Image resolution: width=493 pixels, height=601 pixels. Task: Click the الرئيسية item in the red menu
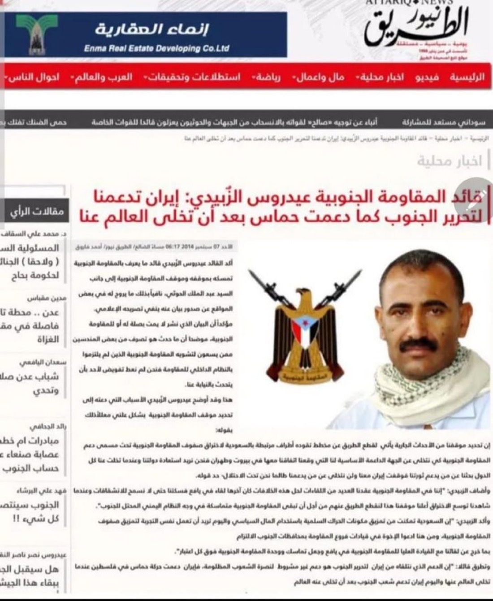click(467, 77)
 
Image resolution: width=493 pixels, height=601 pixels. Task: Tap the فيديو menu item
click(426, 77)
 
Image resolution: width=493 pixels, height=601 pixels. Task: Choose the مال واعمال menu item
click(321, 77)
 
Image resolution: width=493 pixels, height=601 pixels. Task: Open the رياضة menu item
click(270, 77)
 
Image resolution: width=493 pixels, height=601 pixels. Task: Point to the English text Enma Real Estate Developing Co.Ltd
click(156, 48)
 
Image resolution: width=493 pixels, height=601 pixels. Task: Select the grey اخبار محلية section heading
click(449, 161)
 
